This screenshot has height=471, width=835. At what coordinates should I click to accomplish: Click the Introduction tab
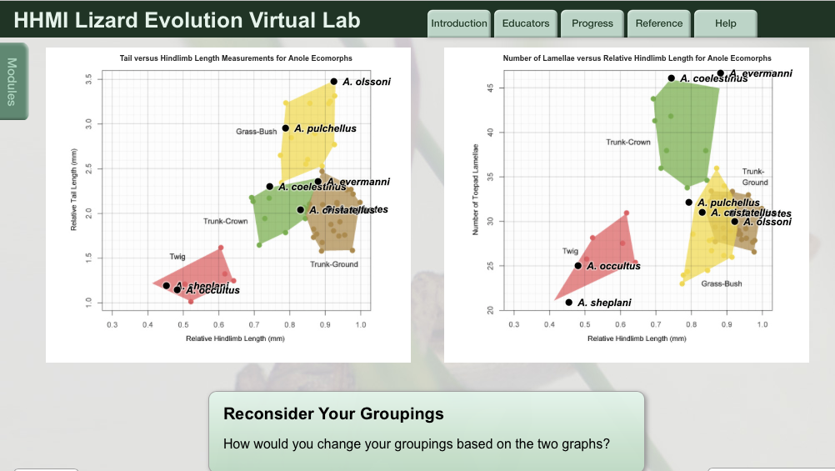(x=459, y=23)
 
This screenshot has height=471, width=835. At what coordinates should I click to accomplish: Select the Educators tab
(x=526, y=23)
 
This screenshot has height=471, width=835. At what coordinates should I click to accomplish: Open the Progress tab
(x=592, y=23)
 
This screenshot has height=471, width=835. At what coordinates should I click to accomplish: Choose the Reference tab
(x=659, y=23)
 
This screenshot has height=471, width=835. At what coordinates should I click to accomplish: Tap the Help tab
(x=725, y=23)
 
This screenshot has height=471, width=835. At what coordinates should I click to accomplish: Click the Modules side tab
(x=12, y=81)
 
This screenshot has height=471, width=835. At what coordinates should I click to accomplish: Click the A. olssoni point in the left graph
(x=333, y=82)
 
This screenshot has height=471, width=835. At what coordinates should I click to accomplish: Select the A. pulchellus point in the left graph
(x=285, y=128)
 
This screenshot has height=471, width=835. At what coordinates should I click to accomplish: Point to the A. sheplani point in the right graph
(x=568, y=303)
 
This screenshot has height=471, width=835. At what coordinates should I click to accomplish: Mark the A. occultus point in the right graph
(x=577, y=266)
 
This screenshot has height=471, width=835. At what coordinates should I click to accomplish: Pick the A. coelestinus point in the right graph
(x=671, y=78)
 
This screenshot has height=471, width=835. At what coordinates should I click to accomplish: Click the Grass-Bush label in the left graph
(x=256, y=132)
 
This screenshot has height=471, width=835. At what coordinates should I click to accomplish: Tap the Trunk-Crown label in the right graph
(x=628, y=143)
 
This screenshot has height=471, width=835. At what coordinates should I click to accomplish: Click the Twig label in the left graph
(x=177, y=257)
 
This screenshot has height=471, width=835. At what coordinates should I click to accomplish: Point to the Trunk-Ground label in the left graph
(x=334, y=264)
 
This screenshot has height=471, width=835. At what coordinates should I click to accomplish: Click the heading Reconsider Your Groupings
(x=333, y=414)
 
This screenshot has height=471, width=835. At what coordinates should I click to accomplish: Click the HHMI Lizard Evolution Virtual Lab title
(x=187, y=20)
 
